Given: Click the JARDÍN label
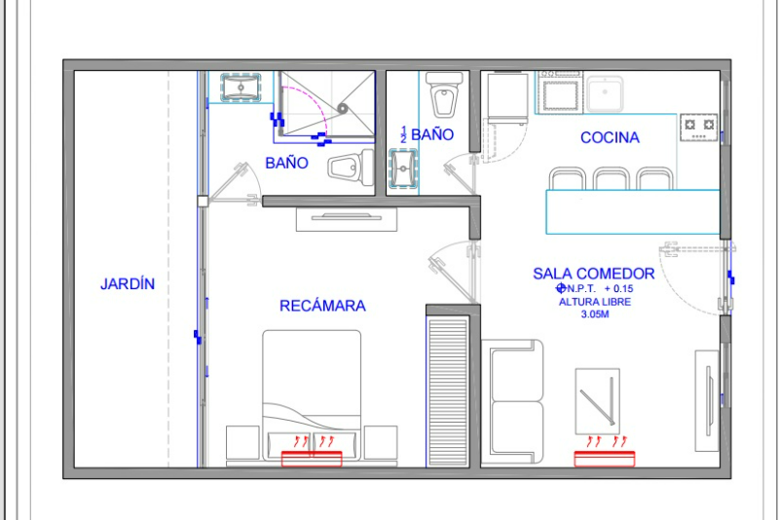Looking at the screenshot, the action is click(128, 283).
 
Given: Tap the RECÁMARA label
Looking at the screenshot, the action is click(322, 306).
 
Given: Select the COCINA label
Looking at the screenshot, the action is click(610, 137).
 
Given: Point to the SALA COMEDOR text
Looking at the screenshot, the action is click(594, 274).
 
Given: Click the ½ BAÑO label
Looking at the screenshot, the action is click(427, 134).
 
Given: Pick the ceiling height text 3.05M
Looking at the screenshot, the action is click(595, 314).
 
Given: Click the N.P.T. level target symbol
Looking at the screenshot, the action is click(561, 288).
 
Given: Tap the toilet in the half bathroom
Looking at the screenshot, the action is click(445, 94).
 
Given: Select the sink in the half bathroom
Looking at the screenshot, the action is click(403, 168).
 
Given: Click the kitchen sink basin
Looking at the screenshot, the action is click(605, 93).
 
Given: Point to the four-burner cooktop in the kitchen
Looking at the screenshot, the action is click(699, 128).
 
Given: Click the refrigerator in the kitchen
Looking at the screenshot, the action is click(507, 97).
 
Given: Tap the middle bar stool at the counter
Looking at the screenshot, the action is click(611, 179).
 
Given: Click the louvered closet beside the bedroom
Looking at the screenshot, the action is click(448, 391).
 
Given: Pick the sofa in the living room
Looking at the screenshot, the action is click(512, 402).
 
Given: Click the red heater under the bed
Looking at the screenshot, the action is click(312, 459).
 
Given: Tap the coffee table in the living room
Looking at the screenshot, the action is click(597, 401).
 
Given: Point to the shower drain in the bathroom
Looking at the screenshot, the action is click(342, 108).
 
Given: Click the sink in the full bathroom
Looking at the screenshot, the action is click(241, 88).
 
